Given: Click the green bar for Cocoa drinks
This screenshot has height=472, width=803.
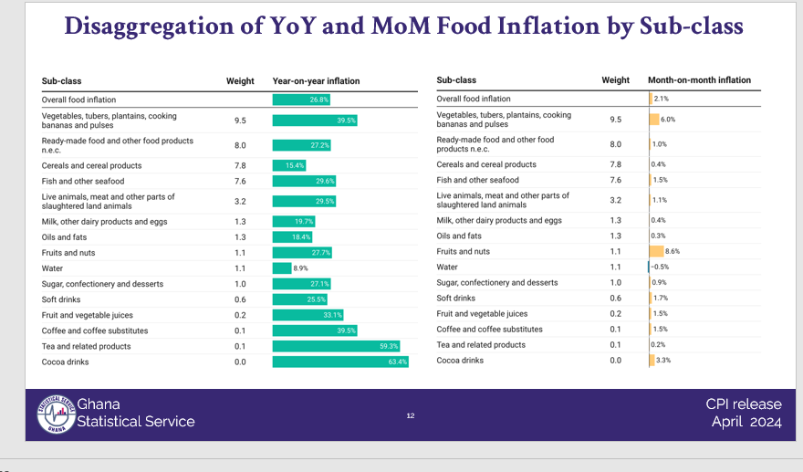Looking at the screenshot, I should (340, 362).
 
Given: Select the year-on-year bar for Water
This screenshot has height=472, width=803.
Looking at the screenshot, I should (282, 268).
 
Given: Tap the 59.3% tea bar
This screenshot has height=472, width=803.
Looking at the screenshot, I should (337, 347).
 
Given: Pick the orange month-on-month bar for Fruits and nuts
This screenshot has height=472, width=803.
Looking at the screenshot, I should (656, 251).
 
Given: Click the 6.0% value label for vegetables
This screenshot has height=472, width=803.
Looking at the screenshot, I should (668, 120).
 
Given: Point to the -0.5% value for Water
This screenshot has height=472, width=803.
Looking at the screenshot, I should (660, 267).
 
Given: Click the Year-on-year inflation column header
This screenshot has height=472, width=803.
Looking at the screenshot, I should (316, 81).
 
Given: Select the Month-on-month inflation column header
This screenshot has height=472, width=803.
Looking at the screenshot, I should (699, 80).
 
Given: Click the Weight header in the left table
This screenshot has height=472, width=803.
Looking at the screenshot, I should (240, 81).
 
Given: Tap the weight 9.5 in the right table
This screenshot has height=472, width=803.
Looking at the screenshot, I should (615, 120).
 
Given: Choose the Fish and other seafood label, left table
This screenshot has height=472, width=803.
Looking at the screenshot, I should (83, 181).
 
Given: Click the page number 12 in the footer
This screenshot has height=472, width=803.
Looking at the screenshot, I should (411, 416).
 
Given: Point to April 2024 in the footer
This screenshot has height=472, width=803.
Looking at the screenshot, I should (746, 422).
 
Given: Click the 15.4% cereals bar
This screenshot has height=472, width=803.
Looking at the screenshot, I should (289, 165).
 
